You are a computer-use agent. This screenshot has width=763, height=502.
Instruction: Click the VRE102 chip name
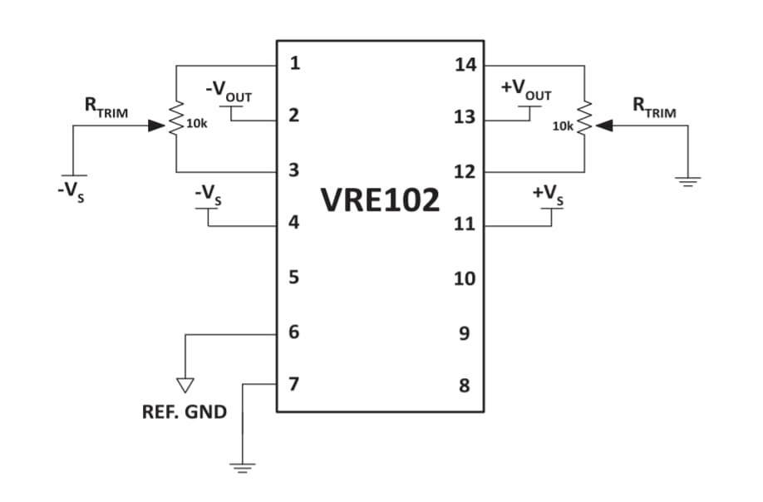tap(380, 199)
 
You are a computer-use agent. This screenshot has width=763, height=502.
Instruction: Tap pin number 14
tap(465, 64)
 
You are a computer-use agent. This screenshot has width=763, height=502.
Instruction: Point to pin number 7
tap(293, 384)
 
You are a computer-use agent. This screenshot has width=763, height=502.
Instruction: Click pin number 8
tap(464, 386)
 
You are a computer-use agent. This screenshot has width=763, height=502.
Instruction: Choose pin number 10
tap(464, 278)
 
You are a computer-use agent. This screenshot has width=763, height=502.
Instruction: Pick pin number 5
tap(293, 277)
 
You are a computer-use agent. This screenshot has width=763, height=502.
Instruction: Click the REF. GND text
tap(185, 412)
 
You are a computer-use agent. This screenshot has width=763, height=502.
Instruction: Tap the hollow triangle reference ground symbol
tap(185, 384)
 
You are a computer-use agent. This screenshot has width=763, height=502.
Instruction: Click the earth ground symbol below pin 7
tap(242, 466)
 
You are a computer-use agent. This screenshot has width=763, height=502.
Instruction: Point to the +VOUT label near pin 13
tap(525, 91)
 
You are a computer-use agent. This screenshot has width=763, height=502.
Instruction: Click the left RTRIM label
tap(106, 108)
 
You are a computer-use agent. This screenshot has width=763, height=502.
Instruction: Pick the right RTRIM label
tap(654, 107)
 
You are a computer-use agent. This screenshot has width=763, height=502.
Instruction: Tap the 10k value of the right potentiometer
tap(563, 126)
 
